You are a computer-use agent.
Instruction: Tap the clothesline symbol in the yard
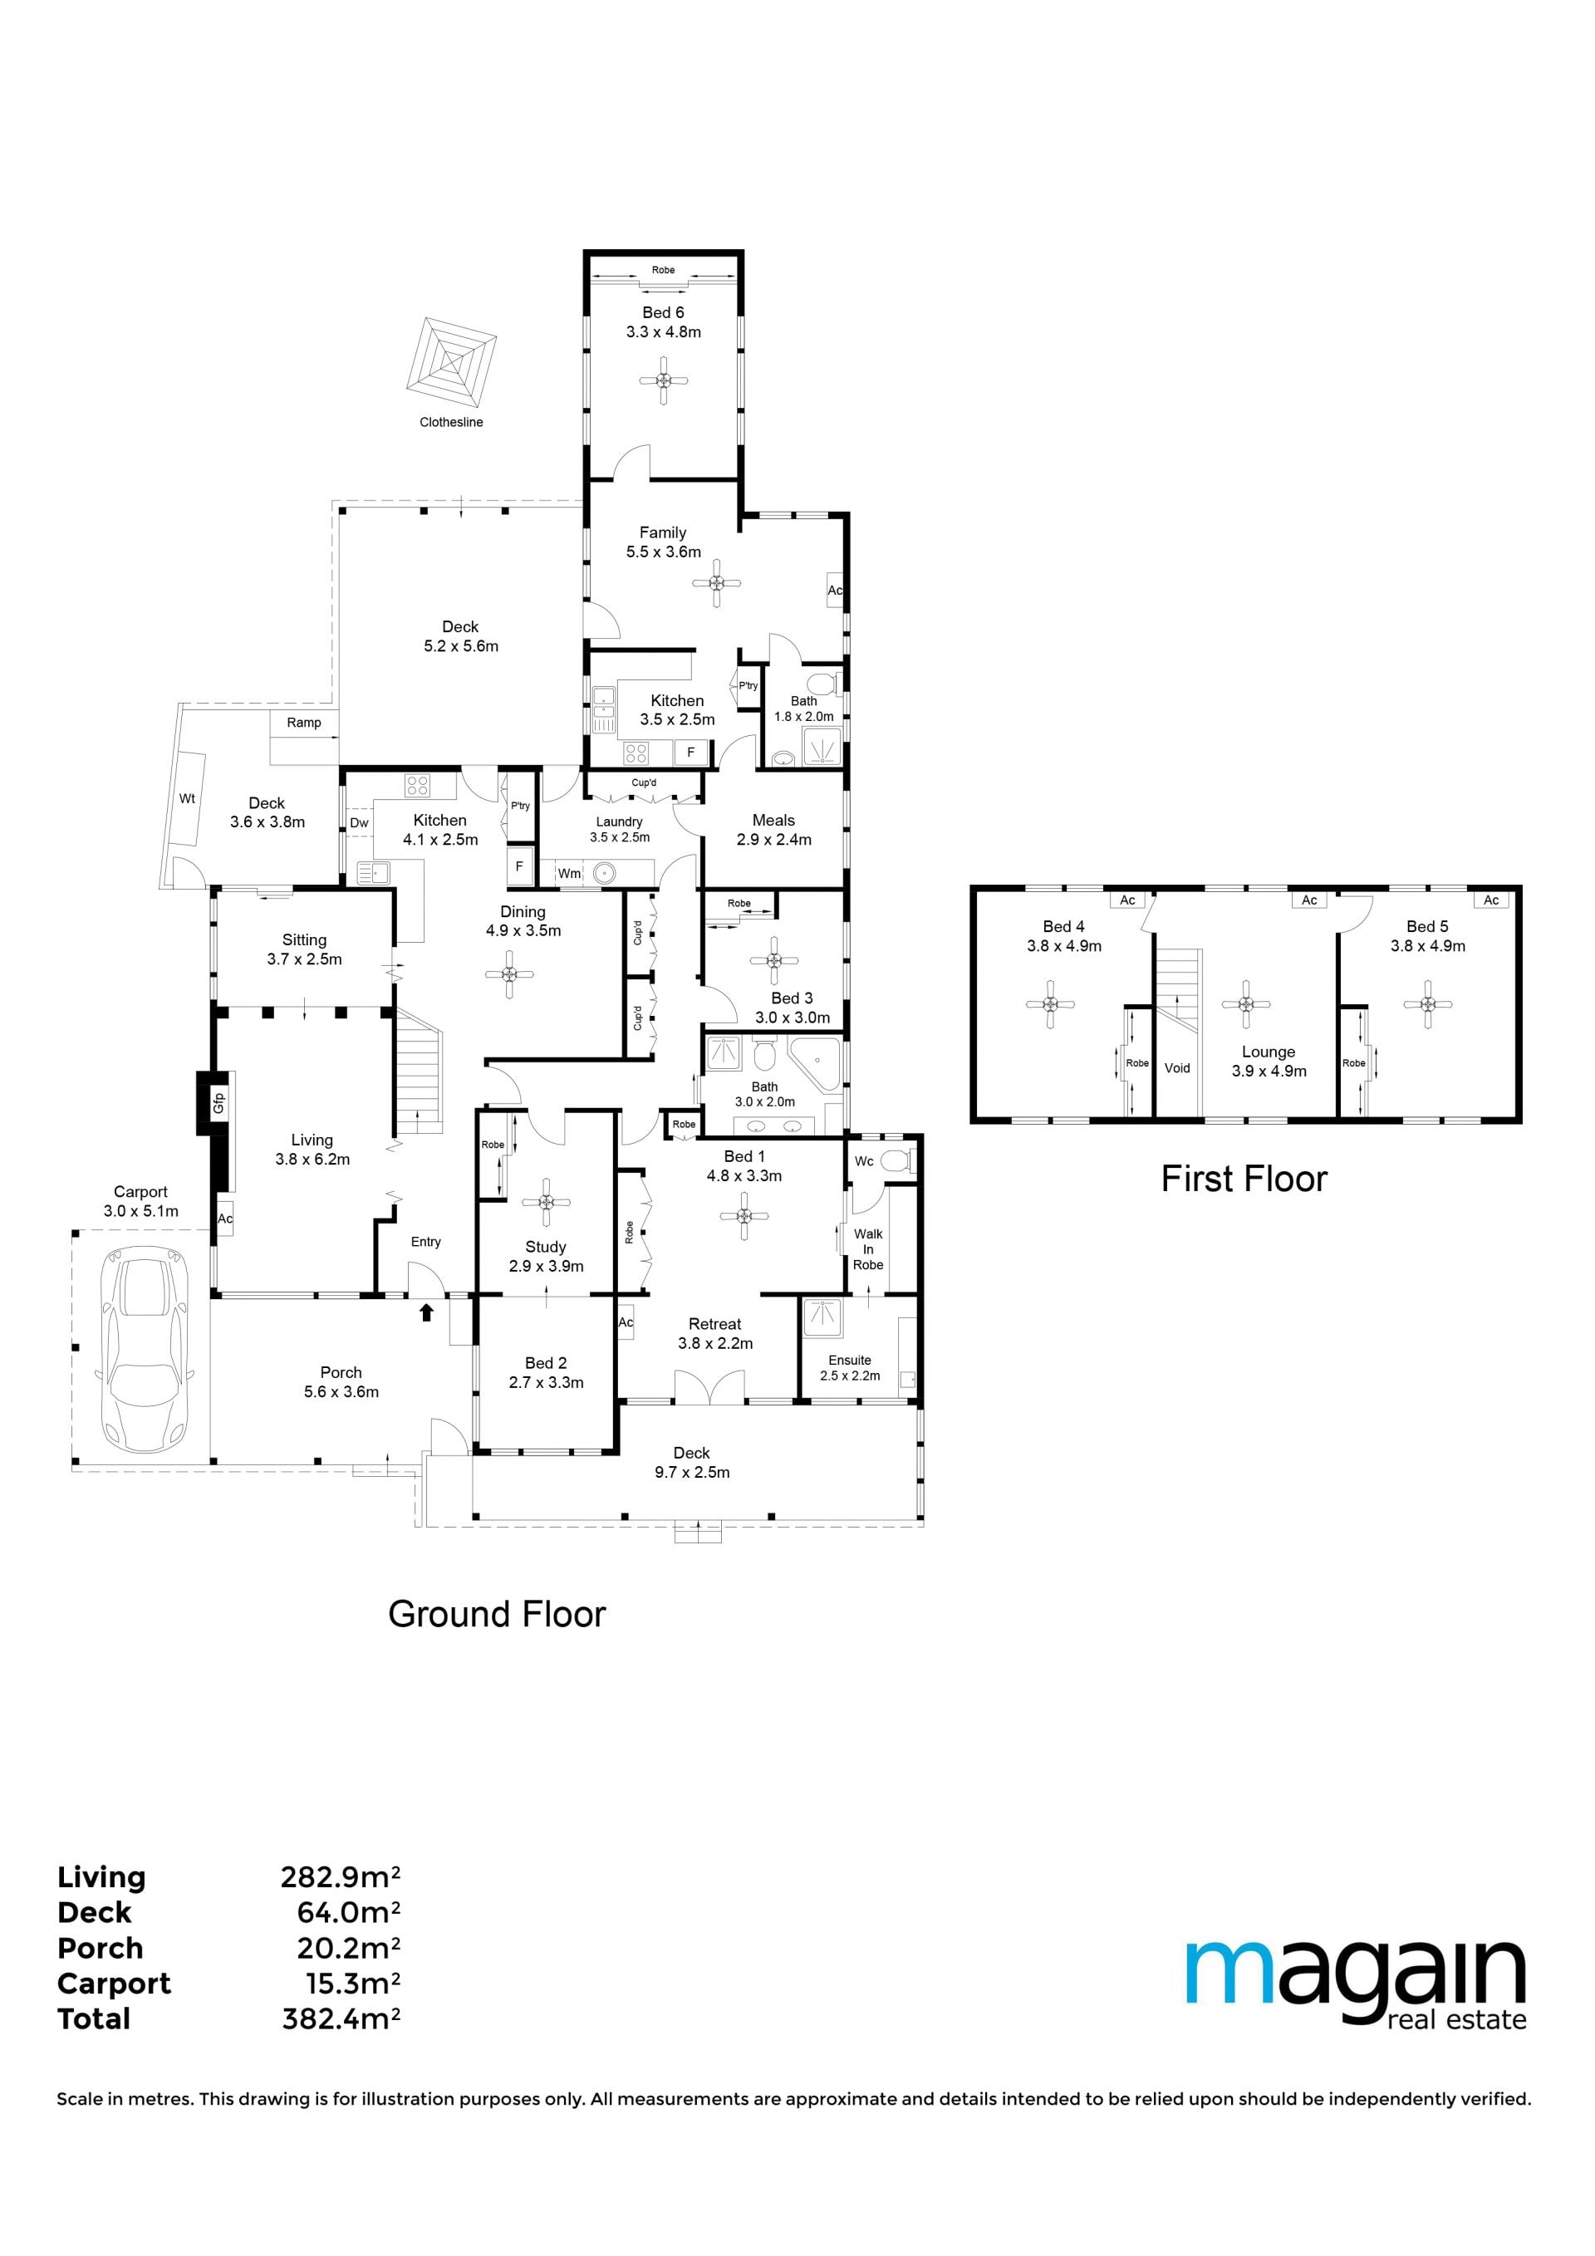451,365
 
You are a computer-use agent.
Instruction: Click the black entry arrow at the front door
426,1312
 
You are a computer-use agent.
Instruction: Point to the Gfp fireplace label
219,1103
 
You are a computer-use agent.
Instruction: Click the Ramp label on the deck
304,722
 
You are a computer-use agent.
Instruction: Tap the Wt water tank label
187,799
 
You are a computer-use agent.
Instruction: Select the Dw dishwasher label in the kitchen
359,823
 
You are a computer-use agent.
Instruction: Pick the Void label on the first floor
1177,1068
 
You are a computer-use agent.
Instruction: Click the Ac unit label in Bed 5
1491,900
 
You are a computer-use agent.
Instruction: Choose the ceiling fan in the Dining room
509,974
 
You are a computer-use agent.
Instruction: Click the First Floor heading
1244,1179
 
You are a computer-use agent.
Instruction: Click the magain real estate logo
1357,1984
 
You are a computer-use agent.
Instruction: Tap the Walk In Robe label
868,1249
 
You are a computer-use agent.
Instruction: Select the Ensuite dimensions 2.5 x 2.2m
850,1376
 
